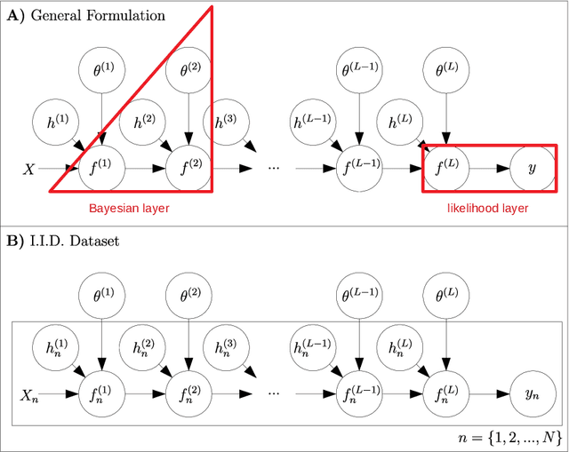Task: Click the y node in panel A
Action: coord(533,167)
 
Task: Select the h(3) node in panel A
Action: coord(223,123)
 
